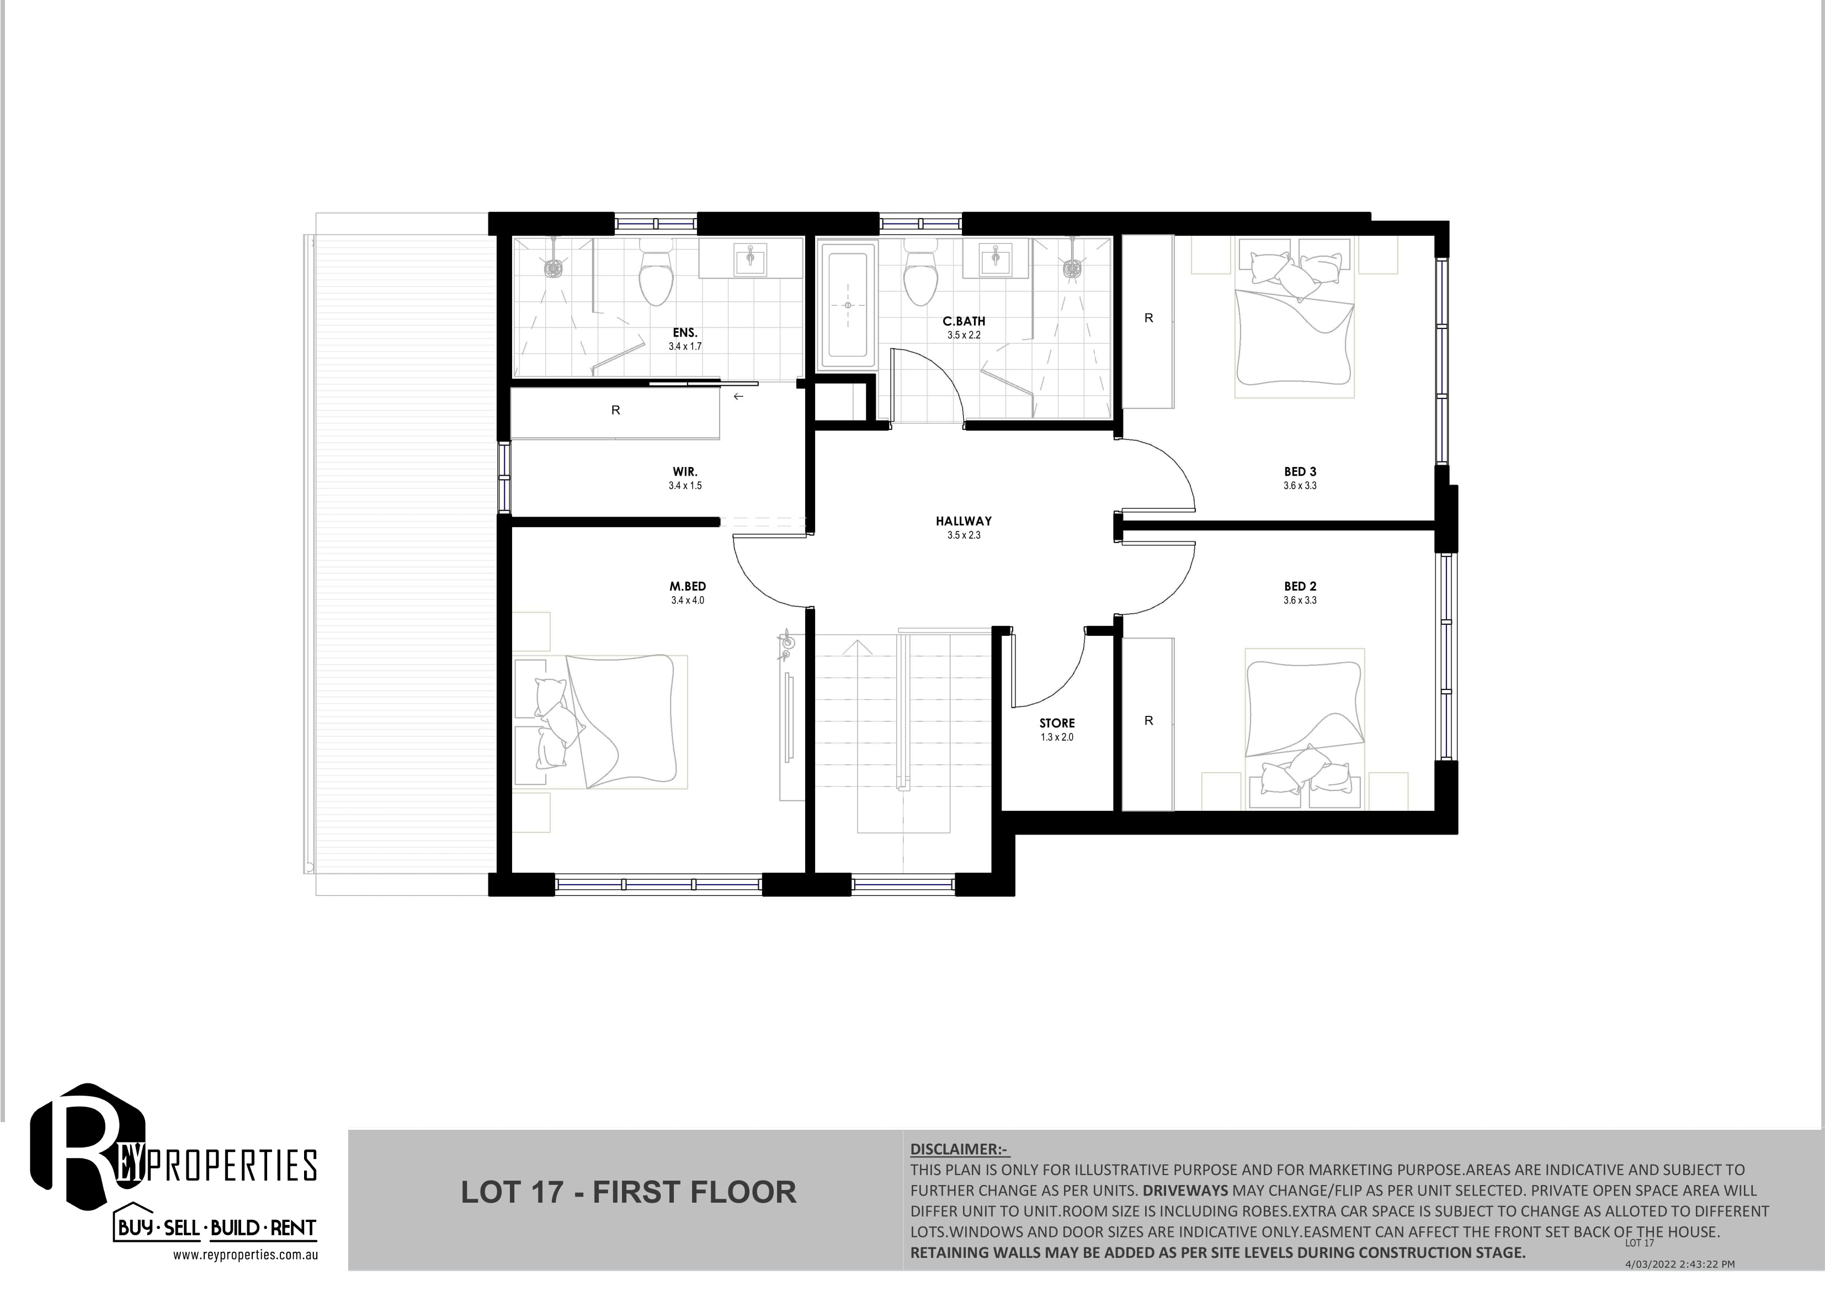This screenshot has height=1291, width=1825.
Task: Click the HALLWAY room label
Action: click(964, 522)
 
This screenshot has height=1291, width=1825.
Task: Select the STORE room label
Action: click(1057, 724)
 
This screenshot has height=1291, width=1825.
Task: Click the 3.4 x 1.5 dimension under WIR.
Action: click(685, 486)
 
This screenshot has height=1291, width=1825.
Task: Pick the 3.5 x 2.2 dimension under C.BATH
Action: click(964, 336)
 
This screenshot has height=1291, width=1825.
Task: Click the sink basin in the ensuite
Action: click(751, 258)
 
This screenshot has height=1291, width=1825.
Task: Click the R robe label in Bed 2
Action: click(1148, 721)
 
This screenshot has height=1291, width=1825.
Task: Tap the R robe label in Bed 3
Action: click(1148, 318)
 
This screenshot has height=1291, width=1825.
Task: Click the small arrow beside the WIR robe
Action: click(738, 396)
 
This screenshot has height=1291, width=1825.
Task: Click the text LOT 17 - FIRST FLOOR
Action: click(628, 1192)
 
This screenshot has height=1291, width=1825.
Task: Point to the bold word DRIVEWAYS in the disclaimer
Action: click(1185, 1191)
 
